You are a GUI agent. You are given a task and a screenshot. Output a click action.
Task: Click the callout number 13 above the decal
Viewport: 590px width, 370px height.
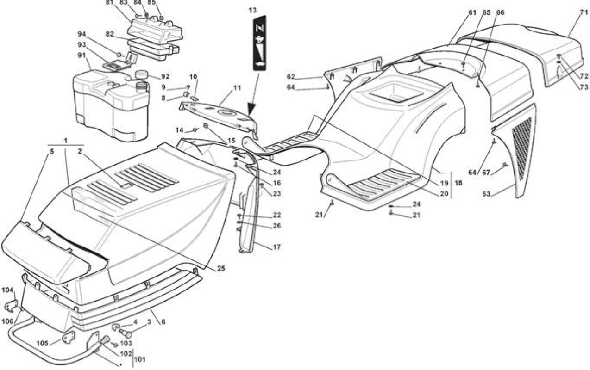[x=252, y=10]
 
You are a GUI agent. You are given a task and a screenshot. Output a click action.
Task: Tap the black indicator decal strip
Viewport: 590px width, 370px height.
[x=259, y=43]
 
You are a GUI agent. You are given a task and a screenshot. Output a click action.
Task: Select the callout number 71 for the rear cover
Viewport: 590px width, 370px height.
[x=584, y=12]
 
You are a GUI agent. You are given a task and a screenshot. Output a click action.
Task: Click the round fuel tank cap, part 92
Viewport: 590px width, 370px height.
[x=141, y=74]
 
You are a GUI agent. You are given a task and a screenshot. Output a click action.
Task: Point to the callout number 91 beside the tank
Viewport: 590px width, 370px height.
[x=82, y=56]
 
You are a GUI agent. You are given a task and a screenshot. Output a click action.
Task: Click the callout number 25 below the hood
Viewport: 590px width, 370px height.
[x=221, y=269]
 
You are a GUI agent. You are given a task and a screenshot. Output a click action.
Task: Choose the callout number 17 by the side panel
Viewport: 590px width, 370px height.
[x=276, y=247]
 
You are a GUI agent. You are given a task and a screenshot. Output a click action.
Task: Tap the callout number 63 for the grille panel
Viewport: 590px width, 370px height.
[x=486, y=194]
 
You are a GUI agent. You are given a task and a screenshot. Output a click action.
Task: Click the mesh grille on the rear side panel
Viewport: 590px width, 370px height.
[x=522, y=149]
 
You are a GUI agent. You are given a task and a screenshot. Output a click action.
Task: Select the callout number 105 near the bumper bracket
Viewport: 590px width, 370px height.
[x=42, y=343]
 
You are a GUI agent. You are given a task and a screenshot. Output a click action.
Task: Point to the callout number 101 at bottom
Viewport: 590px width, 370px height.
[x=140, y=359]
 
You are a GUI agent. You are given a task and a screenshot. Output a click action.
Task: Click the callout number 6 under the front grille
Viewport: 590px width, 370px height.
[x=163, y=322]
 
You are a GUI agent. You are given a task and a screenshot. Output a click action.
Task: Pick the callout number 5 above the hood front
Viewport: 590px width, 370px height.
[x=52, y=152]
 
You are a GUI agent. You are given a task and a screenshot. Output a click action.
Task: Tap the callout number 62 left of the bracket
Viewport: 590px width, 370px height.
[x=291, y=77]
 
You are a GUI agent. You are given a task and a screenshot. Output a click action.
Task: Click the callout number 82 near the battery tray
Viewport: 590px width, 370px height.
[x=110, y=34]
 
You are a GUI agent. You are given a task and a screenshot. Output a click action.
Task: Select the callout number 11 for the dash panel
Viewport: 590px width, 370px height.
[x=237, y=88]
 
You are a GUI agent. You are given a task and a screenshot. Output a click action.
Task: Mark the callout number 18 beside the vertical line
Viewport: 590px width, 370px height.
[x=458, y=183]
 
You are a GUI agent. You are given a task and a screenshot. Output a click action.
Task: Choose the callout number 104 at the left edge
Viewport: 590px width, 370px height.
[x=7, y=290]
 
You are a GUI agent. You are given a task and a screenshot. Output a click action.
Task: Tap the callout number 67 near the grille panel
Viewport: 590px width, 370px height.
[x=486, y=173]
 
